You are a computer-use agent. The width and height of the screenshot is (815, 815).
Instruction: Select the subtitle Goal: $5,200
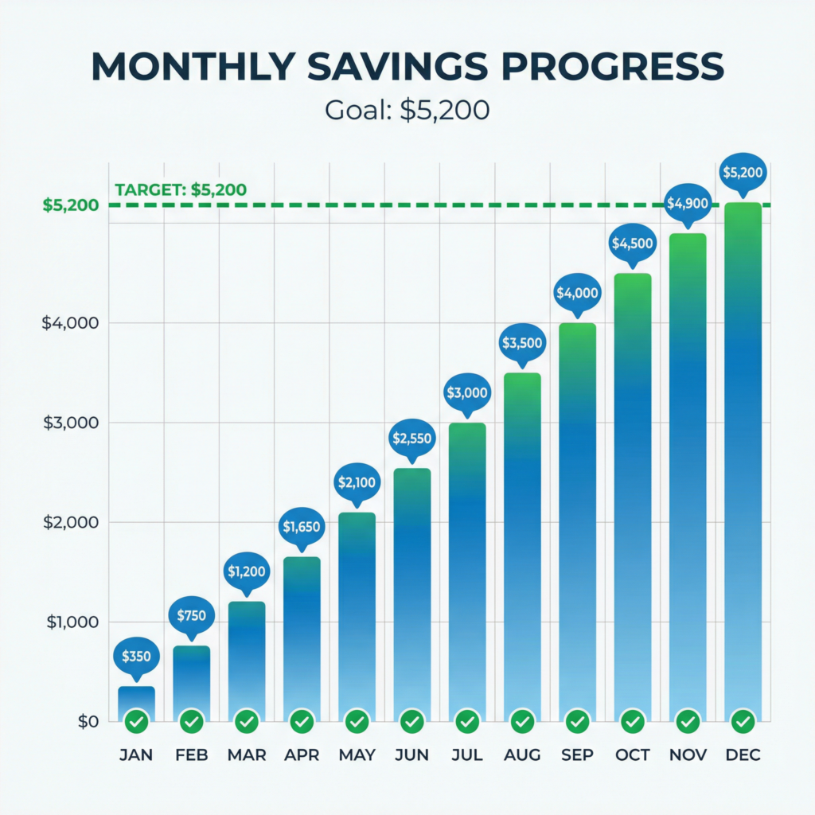point(407,109)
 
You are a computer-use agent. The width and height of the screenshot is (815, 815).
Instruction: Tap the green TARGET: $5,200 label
point(181,190)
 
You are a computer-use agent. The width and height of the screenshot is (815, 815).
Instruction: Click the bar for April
point(302,637)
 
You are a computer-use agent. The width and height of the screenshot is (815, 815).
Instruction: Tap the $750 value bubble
point(192,614)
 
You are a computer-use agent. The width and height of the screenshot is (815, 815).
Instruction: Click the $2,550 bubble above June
point(412,438)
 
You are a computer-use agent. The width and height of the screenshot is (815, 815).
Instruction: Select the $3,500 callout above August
point(522,343)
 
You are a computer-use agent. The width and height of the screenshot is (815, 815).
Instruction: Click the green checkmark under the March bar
point(247,722)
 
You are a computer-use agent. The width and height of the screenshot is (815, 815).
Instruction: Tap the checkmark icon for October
point(633,722)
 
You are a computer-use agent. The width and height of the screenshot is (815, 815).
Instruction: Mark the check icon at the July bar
point(467,722)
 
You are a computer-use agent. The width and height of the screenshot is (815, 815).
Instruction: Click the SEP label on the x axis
point(577,755)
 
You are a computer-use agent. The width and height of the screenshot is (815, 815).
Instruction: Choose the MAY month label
point(357,755)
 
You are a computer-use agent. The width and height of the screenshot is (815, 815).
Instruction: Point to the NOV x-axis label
point(688,755)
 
